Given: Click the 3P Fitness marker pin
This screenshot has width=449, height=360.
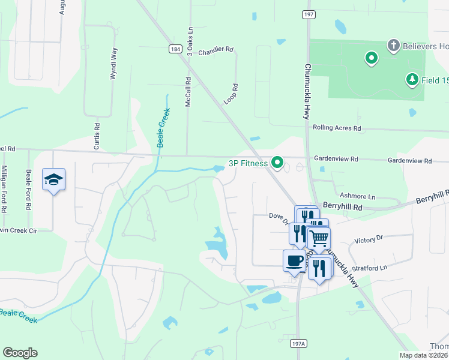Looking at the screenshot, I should point(277,162).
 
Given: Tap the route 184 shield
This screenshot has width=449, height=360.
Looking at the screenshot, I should point(175,49).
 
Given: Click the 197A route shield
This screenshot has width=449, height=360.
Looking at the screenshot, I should point(298,343).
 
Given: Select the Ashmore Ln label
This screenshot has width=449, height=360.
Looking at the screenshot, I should point(357,196).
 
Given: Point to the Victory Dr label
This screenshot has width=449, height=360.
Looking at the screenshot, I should point(369,239).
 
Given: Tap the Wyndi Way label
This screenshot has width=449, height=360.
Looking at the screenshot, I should point(112,65).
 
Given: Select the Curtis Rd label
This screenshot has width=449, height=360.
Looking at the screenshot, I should point(97,136).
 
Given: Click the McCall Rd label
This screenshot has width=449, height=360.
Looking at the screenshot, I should point(188,92).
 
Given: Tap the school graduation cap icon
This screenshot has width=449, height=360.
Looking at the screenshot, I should point(53,179).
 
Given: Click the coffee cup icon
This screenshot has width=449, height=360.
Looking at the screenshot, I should point(294,260).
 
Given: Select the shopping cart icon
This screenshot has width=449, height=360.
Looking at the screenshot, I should point(319,238).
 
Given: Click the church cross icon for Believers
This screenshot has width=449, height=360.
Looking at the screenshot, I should point(393,45).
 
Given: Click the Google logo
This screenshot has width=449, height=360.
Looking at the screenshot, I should point(20,353).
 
